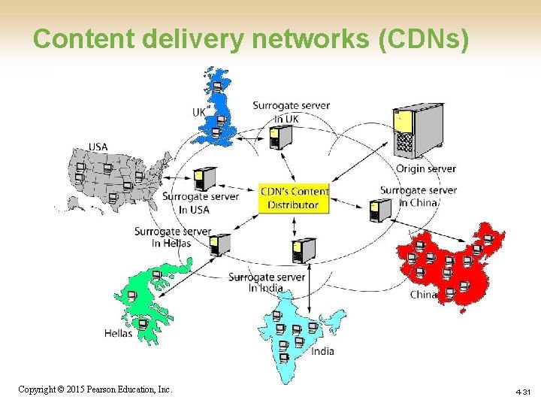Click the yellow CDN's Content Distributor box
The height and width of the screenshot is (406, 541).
[294, 198]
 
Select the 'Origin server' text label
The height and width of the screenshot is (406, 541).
[425, 169]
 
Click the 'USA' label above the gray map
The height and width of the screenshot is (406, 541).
[98, 147]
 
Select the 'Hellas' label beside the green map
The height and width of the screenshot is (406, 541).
[118, 333]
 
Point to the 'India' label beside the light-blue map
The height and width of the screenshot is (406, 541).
[322, 351]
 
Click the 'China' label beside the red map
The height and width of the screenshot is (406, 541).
[423, 295]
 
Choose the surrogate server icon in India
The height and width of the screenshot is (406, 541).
[304, 250]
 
